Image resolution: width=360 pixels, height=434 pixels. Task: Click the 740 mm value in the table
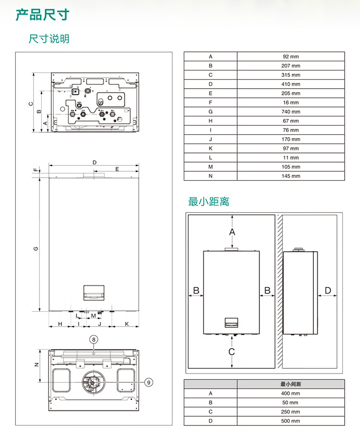pyautogui.click(x=290, y=112)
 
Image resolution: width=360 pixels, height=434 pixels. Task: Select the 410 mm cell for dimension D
pyautogui.click(x=290, y=84)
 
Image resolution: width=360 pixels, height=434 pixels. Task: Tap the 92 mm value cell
pyautogui.click(x=290, y=57)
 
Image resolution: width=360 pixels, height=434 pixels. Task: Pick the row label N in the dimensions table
pyautogui.click(x=210, y=176)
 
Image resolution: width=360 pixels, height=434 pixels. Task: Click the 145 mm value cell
pyautogui.click(x=290, y=176)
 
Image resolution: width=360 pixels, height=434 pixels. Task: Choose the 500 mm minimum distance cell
pyautogui.click(x=290, y=421)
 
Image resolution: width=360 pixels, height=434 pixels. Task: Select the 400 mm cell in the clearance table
pyautogui.click(x=290, y=393)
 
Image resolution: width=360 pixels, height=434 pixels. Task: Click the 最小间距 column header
pyautogui.click(x=290, y=384)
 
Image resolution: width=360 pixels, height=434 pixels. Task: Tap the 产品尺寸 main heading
pyautogui.click(x=43, y=15)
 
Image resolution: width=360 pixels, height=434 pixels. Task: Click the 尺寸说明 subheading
pyautogui.click(x=49, y=38)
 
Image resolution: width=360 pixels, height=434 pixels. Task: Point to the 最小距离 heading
pyautogui.click(x=209, y=201)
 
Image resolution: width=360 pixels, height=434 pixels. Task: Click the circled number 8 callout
pyautogui.click(x=94, y=340)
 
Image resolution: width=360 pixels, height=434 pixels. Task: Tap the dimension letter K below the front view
pyautogui.click(x=127, y=324)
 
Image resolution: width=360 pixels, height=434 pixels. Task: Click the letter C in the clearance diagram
pyautogui.click(x=232, y=352)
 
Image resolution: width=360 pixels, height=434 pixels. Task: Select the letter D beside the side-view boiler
pyautogui.click(x=328, y=290)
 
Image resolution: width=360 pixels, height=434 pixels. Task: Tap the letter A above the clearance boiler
pyautogui.click(x=232, y=232)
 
